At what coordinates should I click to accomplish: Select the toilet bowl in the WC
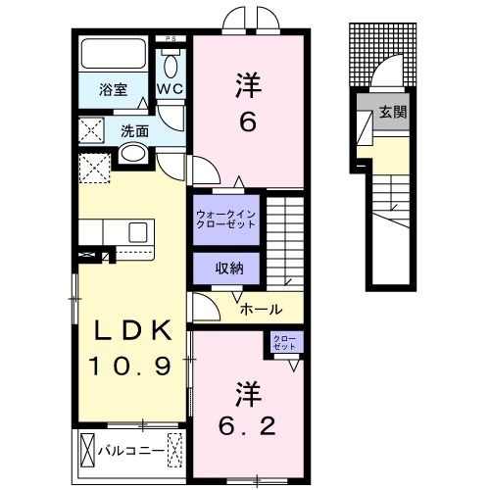(171, 67)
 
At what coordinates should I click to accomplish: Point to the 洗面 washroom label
(135, 129)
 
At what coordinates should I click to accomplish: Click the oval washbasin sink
(132, 153)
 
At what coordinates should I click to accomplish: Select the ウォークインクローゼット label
(225, 217)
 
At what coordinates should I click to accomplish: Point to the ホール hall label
(263, 309)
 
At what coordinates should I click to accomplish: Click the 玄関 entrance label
(395, 112)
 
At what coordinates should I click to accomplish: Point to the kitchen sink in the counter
(137, 232)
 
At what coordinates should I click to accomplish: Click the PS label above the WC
(171, 39)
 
